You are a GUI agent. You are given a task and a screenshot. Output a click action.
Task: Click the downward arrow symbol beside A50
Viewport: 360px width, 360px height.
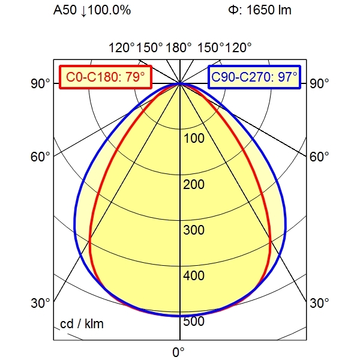(83, 11)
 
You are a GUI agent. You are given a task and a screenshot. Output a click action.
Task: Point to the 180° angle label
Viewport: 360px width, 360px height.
(179, 48)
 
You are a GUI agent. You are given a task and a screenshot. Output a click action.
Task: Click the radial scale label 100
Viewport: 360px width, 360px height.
(194, 139)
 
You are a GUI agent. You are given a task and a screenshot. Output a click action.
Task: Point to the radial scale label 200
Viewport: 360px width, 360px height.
(194, 184)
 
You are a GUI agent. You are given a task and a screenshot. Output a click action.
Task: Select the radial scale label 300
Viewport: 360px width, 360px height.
(194, 230)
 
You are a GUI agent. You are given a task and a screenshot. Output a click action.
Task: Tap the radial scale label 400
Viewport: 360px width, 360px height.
(194, 276)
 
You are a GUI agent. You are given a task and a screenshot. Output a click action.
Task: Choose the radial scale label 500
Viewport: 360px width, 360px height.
(194, 322)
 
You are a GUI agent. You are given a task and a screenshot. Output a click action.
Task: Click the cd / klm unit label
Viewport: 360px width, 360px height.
(82, 325)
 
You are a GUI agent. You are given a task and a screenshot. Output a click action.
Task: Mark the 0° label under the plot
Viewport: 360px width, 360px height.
(179, 352)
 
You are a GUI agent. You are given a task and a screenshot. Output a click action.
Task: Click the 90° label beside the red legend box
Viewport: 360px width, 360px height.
(41, 83)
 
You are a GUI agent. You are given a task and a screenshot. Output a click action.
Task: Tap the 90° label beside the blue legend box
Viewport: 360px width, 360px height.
(319, 83)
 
